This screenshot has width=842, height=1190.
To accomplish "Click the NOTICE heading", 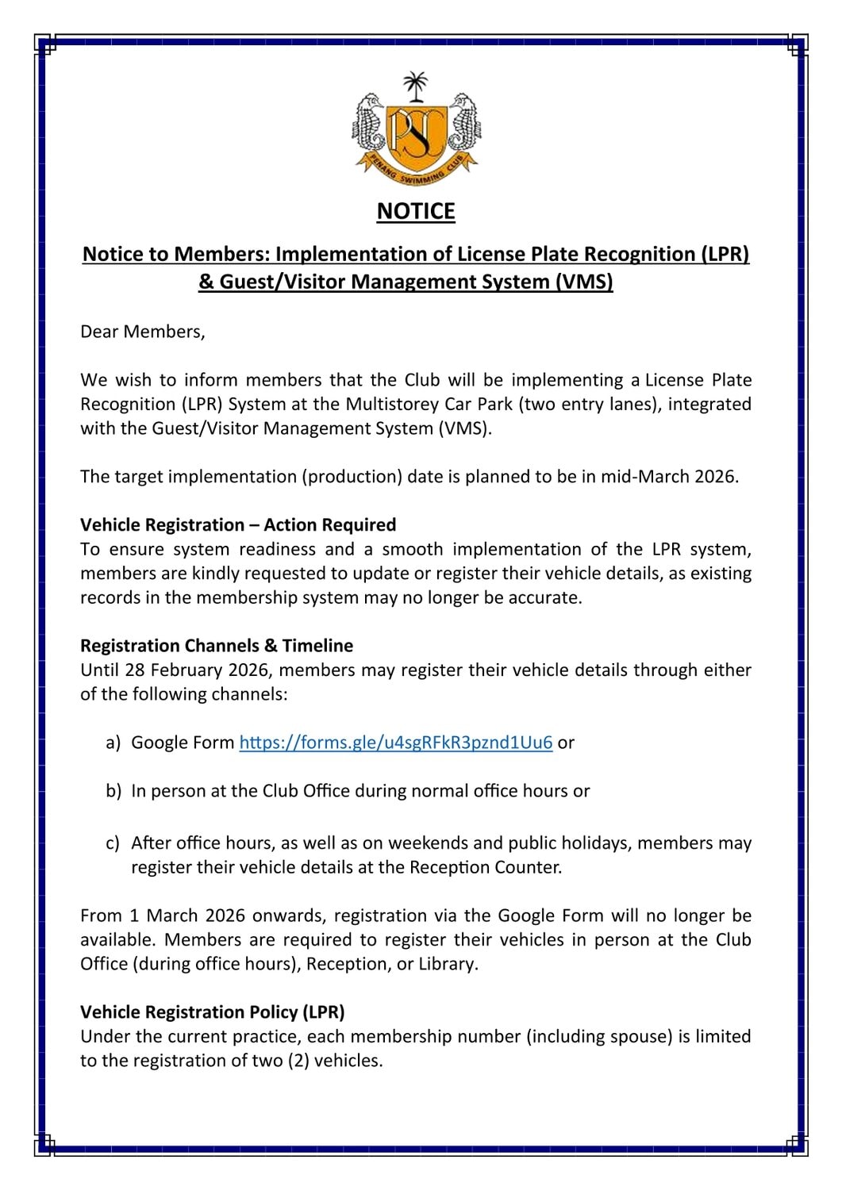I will click(x=416, y=211).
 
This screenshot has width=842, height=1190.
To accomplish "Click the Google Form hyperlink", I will click(x=395, y=743).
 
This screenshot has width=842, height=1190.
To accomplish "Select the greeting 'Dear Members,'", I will click(x=143, y=332).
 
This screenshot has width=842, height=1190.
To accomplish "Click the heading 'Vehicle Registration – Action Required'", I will click(x=238, y=525).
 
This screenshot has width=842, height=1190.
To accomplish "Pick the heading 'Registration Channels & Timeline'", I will click(x=217, y=646).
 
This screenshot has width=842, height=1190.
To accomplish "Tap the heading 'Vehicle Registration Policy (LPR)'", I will click(x=213, y=1012).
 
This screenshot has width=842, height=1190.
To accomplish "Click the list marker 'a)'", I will click(x=113, y=743).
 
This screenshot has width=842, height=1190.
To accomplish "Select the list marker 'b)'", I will click(x=113, y=791).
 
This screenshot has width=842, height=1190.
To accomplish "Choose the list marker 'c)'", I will click(x=113, y=843).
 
